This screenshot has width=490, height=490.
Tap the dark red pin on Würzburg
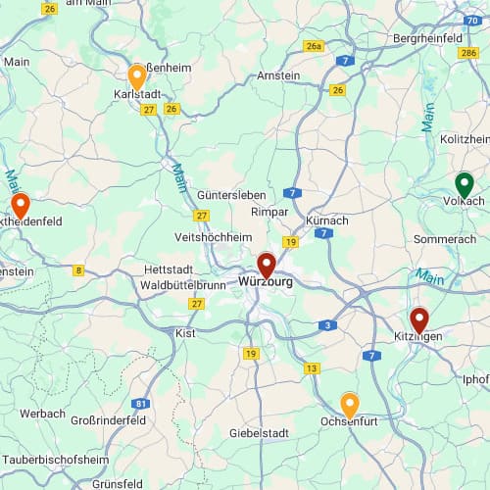(266, 265)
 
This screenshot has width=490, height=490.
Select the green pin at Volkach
(465, 184)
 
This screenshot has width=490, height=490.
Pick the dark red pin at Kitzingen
(419, 319)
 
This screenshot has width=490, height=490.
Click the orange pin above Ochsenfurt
(349, 404)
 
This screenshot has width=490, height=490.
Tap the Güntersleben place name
(231, 195)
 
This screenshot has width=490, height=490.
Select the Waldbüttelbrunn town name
(183, 285)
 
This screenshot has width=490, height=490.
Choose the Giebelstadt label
(260, 432)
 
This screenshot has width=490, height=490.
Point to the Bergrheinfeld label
(427, 37)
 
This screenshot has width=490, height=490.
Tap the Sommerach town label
(445, 239)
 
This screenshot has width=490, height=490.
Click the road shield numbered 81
(142, 403)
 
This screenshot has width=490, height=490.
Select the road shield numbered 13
(312, 368)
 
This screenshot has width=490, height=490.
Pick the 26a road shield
(314, 46)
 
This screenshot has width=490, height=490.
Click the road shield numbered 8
(78, 269)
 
